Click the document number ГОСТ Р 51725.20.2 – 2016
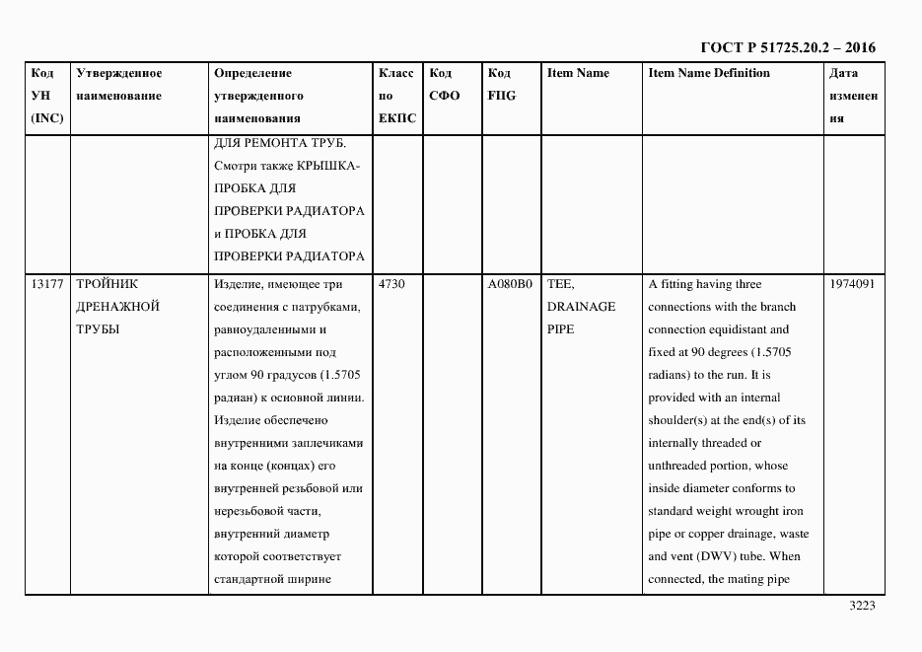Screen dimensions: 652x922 coord(787,47)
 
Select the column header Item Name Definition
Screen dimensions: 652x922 coord(709,73)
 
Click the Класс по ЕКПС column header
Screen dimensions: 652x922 coord(397,96)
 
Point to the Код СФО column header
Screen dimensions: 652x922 coord(445,85)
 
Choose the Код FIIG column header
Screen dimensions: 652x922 coord(501,85)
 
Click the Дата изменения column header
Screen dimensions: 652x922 coord(853,96)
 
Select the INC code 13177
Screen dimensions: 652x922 coord(47,284)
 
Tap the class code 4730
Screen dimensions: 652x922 coord(391,284)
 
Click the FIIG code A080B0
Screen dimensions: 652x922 coord(510,284)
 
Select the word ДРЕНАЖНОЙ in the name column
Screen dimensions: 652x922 coord(117,307)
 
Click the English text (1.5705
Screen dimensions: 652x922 coord(768,352)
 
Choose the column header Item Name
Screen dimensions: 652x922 coord(578,73)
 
